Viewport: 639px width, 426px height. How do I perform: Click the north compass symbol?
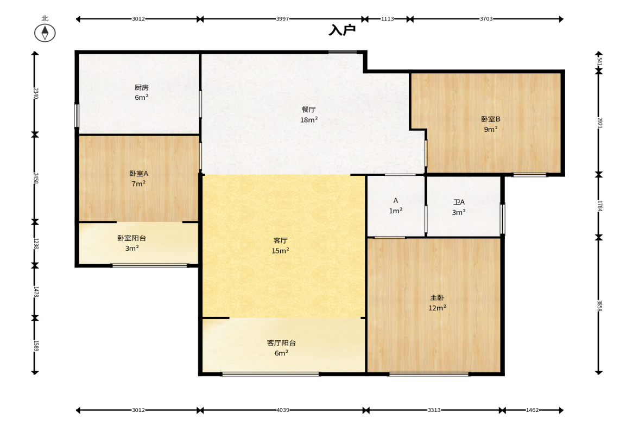pos(45,33)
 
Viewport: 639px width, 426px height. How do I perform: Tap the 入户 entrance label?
pos(343,30)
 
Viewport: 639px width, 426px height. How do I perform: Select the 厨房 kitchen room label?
pos(141,87)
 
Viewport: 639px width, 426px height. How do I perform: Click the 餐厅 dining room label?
pos(308,110)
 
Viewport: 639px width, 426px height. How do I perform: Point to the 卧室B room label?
pos(491,119)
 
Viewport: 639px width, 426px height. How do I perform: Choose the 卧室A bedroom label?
pos(138,174)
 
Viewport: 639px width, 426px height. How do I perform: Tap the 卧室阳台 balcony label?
pos(131,238)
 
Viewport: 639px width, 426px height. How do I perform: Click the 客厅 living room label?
pos(280,241)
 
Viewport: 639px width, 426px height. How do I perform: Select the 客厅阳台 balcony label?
pos(281,343)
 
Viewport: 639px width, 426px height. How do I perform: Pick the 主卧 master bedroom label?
pos(437,298)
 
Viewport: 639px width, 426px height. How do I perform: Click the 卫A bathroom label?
pos(459,202)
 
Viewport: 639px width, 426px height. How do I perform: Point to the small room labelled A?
pos(396,201)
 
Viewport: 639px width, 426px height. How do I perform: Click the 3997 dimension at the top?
pos(282,19)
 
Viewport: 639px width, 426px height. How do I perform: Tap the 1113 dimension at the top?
pos(388,19)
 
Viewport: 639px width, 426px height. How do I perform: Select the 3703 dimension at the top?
pos(486,19)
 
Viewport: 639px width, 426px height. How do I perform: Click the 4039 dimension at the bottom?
pos(283,410)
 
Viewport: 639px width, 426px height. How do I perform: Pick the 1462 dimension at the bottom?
pos(532,410)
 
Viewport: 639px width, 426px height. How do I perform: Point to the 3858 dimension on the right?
pos(599,306)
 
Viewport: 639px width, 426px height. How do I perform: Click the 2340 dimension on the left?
pos(35,93)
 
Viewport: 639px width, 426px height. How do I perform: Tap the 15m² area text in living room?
pos(280,251)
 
